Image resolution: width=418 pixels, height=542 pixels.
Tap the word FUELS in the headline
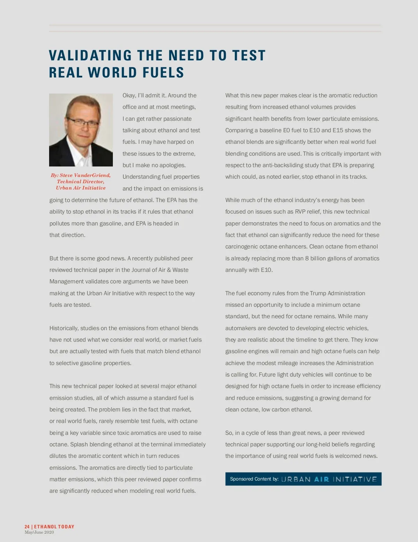(x=163, y=73)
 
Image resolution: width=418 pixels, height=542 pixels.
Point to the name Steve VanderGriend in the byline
(x=85, y=175)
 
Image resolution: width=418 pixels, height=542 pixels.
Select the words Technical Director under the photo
(x=80, y=181)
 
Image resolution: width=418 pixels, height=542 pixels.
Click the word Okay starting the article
(x=129, y=95)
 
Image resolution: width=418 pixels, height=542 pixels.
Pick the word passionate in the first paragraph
(x=177, y=119)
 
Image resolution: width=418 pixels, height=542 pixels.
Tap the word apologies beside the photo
(x=172, y=165)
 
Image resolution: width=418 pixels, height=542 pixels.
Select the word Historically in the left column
(x=64, y=328)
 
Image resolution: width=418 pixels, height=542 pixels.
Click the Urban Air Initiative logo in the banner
(x=329, y=479)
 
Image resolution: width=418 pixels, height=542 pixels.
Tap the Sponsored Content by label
(x=254, y=479)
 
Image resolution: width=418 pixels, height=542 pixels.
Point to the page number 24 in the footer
(x=27, y=527)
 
